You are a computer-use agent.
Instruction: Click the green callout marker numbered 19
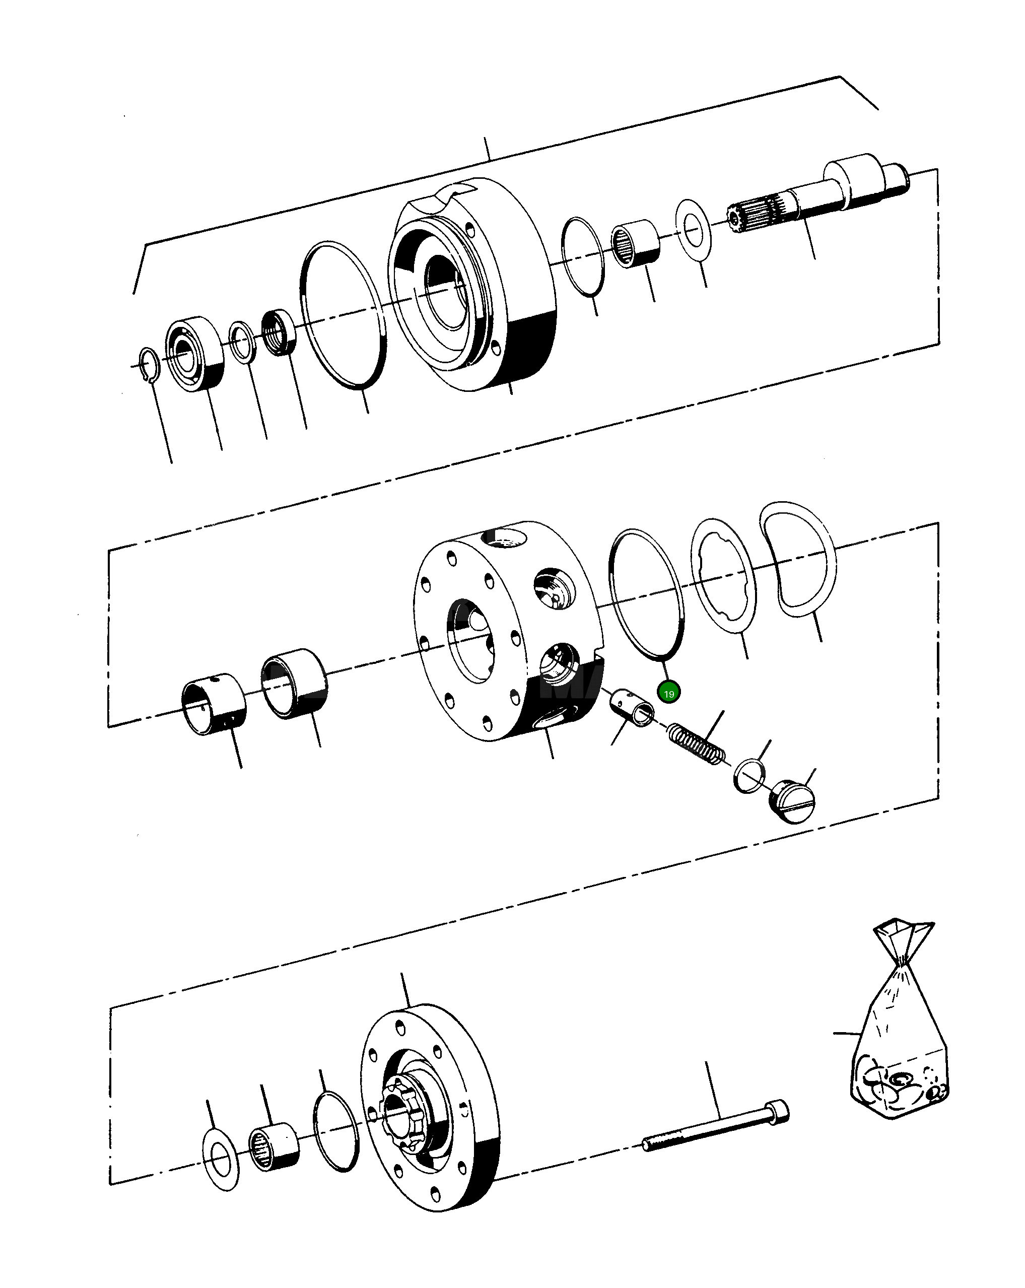point(668,693)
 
